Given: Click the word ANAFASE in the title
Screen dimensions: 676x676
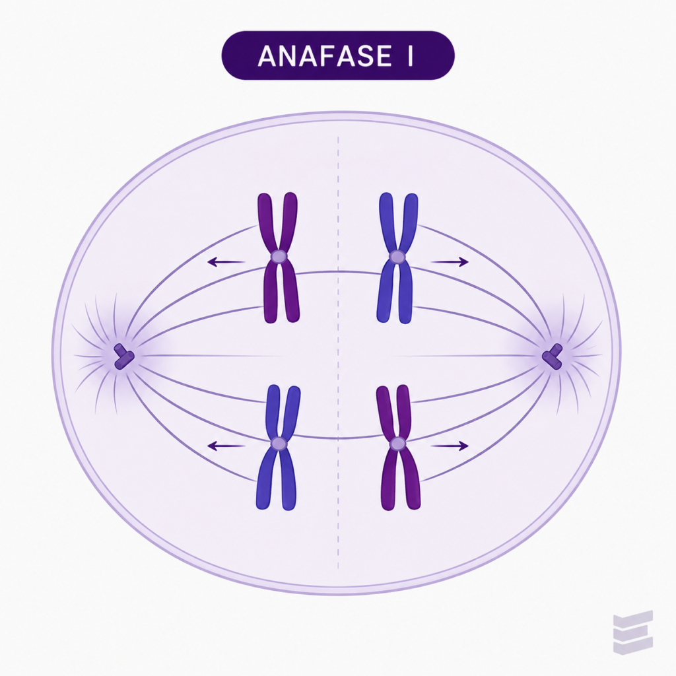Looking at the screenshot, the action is tap(325, 56).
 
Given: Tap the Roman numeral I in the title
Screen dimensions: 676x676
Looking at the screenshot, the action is tap(409, 56).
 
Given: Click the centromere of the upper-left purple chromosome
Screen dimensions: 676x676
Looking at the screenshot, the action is tap(279, 257).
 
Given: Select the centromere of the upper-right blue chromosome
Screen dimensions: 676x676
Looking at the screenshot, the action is tap(397, 257).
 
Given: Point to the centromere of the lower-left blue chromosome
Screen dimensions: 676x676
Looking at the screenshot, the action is tap(279, 443).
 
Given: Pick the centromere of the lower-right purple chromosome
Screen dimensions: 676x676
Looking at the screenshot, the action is tap(397, 443).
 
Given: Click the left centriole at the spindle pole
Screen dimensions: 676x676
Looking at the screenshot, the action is tap(123, 356).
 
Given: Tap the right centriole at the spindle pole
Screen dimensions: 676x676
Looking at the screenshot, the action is tap(553, 356).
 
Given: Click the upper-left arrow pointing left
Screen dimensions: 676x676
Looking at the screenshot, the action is tap(226, 261).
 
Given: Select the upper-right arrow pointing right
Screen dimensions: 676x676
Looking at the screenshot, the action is tap(450, 261).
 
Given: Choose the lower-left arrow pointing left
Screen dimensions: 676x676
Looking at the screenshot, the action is tap(226, 446).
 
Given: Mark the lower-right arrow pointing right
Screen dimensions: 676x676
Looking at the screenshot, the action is tap(450, 446).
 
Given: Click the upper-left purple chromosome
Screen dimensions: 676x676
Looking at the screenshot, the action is tap(279, 257).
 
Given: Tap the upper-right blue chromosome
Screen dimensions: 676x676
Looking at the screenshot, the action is tap(397, 257).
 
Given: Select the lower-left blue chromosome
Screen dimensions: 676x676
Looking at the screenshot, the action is tap(279, 447).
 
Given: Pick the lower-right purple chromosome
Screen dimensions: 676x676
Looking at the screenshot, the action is tap(398, 447).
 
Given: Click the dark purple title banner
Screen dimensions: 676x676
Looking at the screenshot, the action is tap(338, 55).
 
